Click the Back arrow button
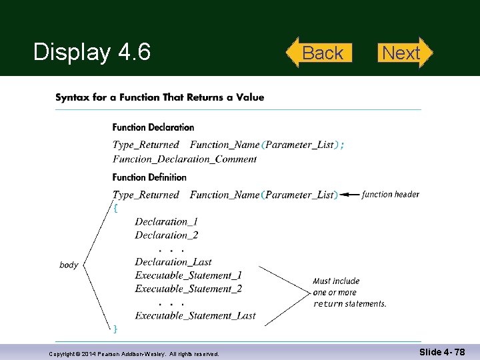[x=320, y=53]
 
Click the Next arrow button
[x=402, y=53]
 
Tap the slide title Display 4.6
[x=92, y=52]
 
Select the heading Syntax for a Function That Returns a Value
[x=159, y=97]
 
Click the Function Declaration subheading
[x=153, y=127]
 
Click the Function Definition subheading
[x=149, y=177]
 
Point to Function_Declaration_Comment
[x=185, y=159]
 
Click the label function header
[x=391, y=195]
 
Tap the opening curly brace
[x=116, y=207]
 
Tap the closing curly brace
[x=116, y=328]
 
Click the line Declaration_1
[x=166, y=221]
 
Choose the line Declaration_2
[x=166, y=235]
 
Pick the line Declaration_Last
[x=173, y=262]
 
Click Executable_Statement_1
[x=189, y=275]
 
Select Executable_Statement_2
[x=189, y=289]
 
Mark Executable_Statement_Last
[x=195, y=315]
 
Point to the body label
[x=69, y=265]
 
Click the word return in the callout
[x=328, y=304]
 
